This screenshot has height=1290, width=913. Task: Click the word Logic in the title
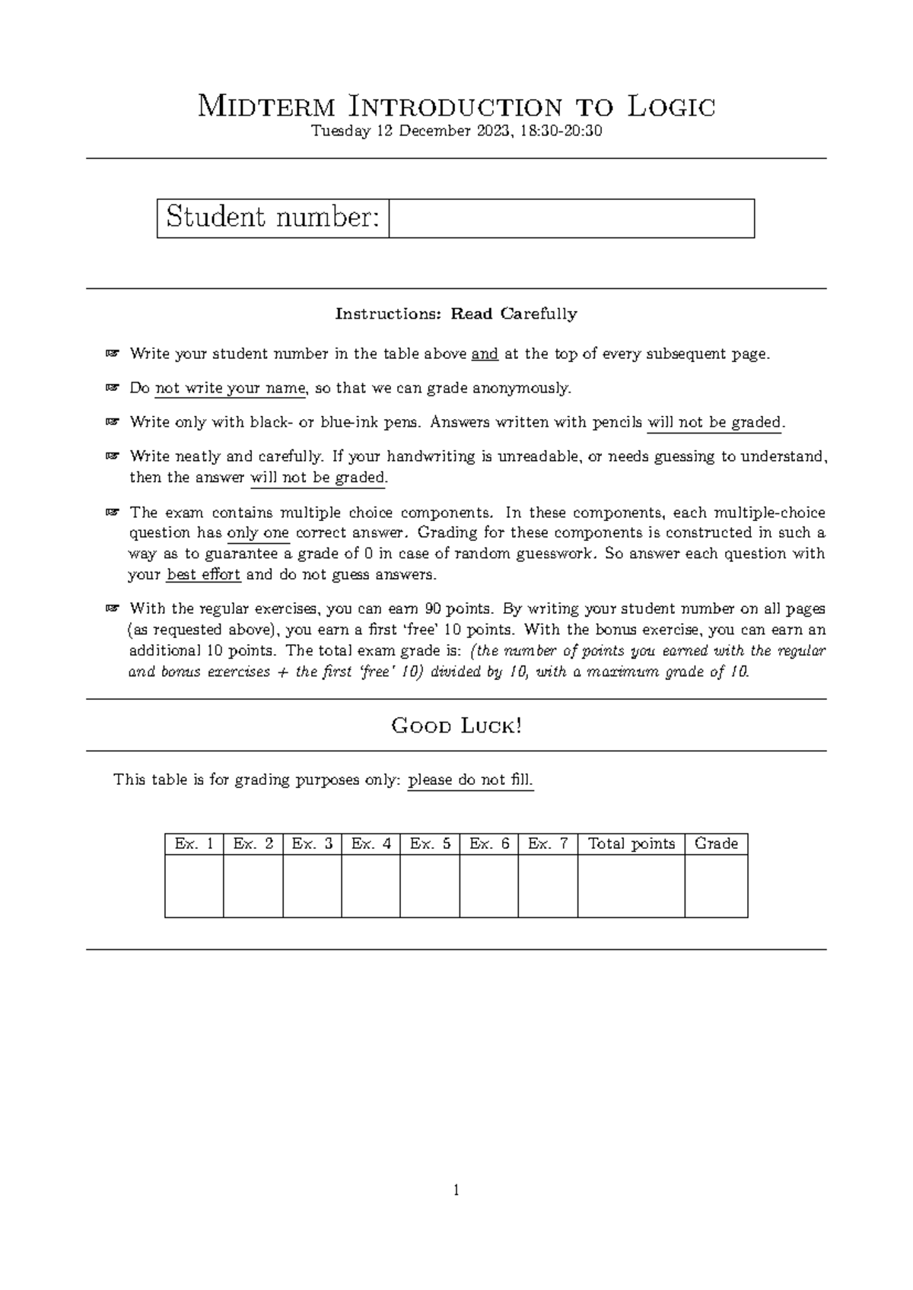point(672,106)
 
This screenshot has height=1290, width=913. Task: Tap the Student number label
point(272,218)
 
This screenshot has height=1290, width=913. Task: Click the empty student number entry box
point(571,218)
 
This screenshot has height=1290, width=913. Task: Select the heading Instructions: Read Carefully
point(456,313)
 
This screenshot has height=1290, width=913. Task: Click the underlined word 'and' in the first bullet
point(485,354)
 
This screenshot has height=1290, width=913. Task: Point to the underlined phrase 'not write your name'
point(230,388)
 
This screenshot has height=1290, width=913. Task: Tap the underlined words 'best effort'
point(203,574)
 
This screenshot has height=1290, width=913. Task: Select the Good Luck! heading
point(456,726)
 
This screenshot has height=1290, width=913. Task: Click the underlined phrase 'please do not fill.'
point(470,780)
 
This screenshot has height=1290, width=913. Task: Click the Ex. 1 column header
point(194,844)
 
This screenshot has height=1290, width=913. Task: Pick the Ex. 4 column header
point(371,844)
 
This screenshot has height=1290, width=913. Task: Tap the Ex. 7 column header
point(548,844)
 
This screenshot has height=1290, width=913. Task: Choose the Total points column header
point(631,844)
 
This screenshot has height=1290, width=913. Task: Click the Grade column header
point(716,844)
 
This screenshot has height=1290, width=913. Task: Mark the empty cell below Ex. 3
point(312,886)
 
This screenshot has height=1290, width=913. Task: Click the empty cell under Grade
point(716,886)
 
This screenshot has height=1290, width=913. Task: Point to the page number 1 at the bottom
point(456,1190)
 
